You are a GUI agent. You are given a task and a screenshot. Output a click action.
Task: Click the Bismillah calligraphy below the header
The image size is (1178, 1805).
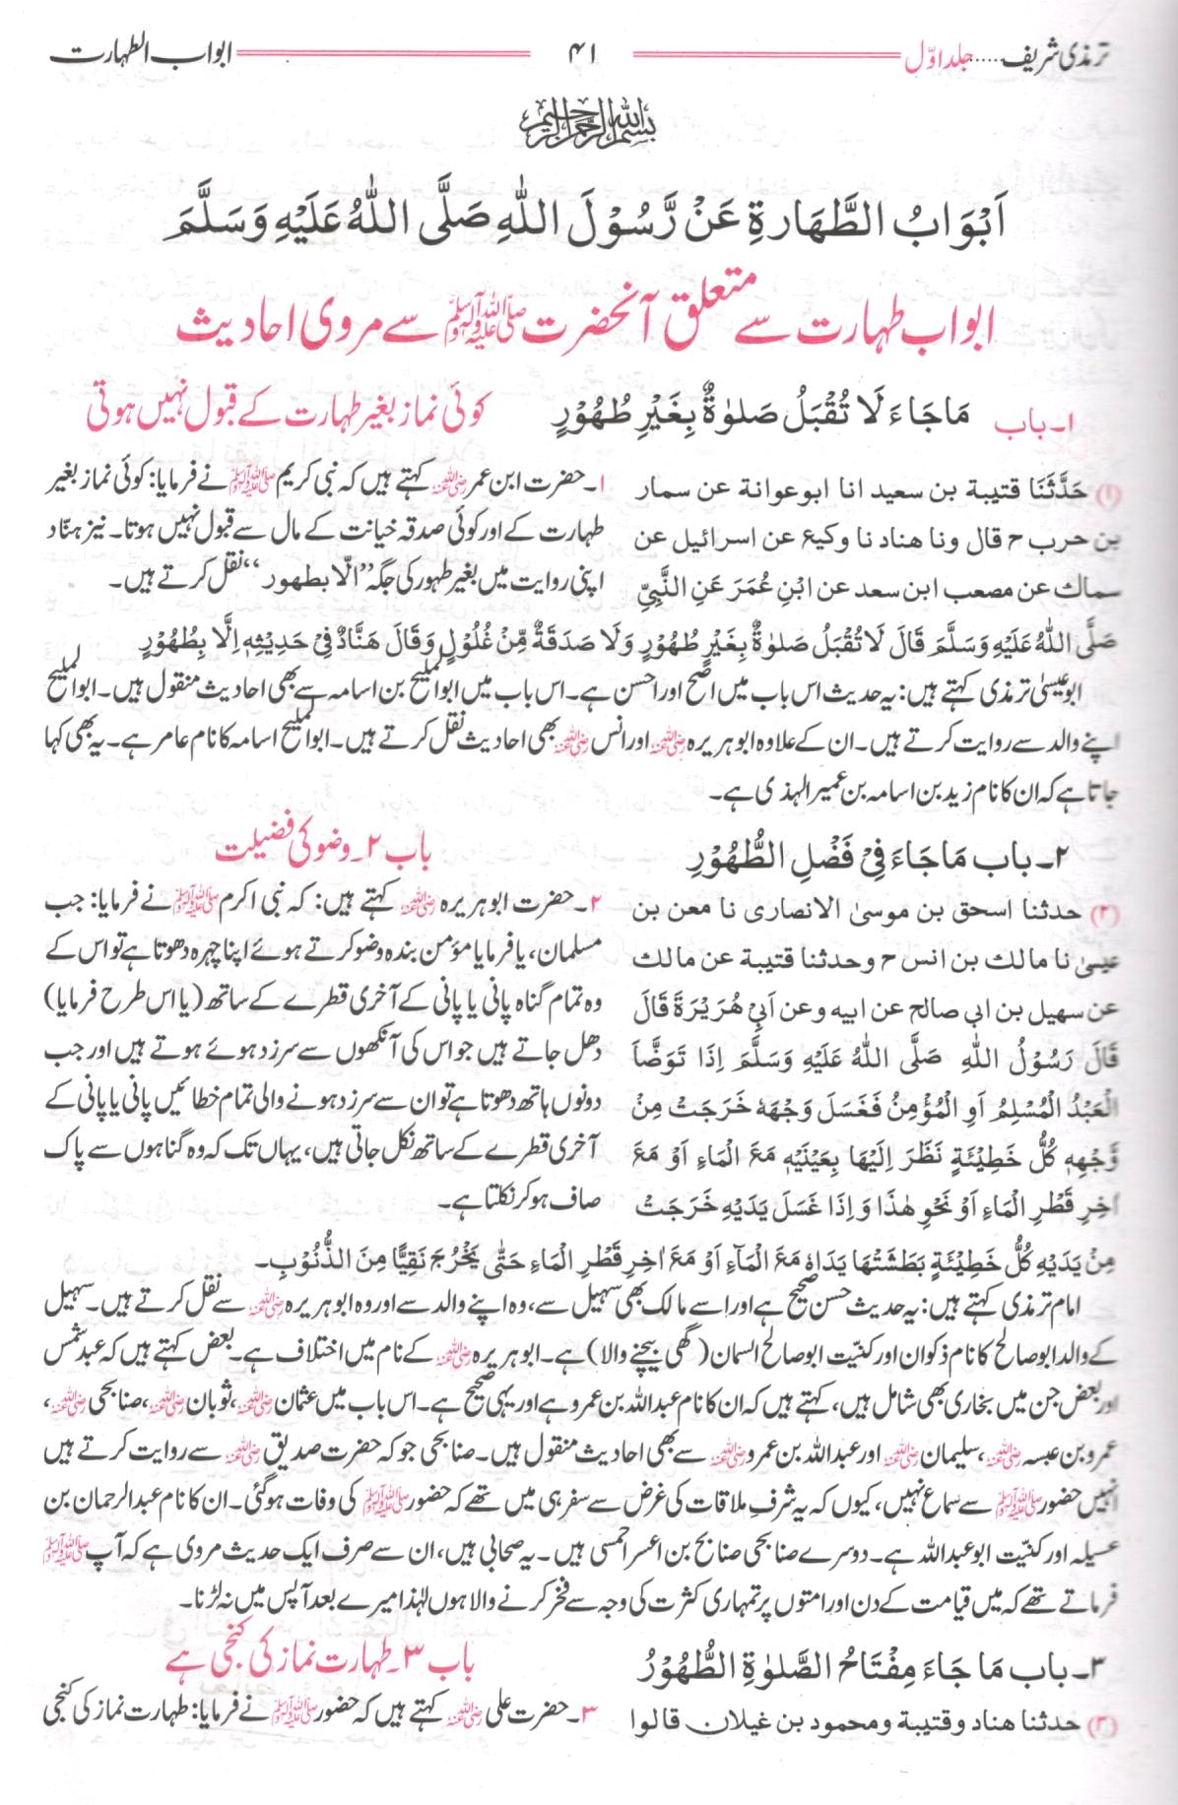590,112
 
